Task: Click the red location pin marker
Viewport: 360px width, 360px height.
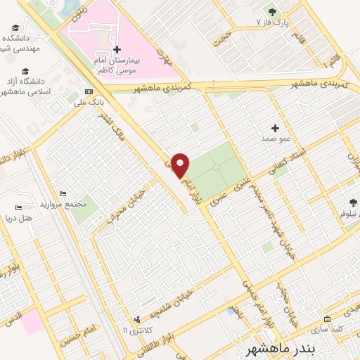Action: pos(181,165)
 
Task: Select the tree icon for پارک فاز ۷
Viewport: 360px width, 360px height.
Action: pos(272,12)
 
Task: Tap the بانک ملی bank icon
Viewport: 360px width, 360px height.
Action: pos(88,91)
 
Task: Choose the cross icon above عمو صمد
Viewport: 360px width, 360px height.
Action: pos(275,128)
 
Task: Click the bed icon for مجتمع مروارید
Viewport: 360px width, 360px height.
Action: pos(63,194)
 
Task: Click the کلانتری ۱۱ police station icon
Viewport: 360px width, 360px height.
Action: pos(137,319)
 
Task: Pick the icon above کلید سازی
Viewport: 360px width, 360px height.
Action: pos(326,318)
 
